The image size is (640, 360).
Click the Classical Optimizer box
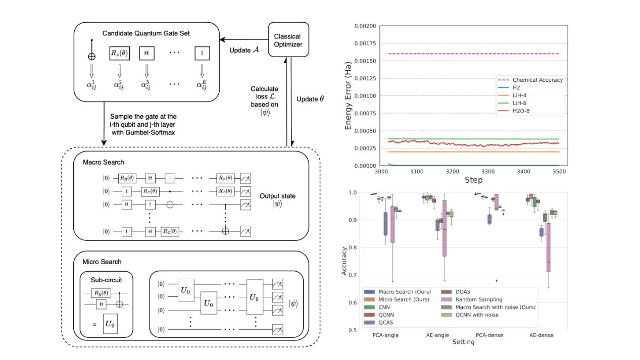point(288,40)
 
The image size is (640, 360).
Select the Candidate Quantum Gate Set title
point(146,33)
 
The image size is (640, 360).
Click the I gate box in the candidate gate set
point(203,53)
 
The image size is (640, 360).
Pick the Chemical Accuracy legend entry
point(537,80)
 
